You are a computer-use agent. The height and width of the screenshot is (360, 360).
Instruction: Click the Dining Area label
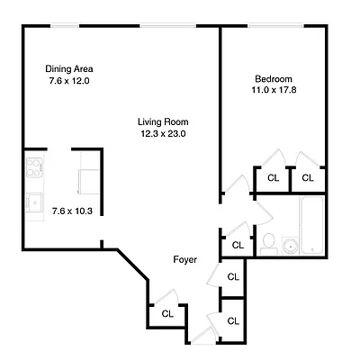pos(69,69)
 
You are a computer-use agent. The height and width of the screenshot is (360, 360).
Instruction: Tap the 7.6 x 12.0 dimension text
pos(69,81)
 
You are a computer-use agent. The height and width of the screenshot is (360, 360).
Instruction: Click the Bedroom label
pos(272,78)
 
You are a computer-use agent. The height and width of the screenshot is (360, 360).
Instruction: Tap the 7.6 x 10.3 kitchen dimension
pos(72,211)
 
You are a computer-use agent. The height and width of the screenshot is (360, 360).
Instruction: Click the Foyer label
pos(185,260)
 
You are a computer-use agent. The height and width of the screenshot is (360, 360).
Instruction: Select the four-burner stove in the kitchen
pos(35,168)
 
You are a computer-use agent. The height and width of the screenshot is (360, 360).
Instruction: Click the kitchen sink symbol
pos(35,202)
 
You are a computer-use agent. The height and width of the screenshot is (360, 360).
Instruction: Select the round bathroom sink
pos(290,245)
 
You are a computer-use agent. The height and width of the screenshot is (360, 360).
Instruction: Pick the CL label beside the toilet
pos(238,245)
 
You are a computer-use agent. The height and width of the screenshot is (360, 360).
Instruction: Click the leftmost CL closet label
pos(167,314)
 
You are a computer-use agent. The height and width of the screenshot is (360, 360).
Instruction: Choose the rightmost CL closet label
pos(308,177)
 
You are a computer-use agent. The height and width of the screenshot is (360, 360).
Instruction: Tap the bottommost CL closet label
pos(233,320)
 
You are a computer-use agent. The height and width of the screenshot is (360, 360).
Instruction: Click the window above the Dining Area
pos(66,27)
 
